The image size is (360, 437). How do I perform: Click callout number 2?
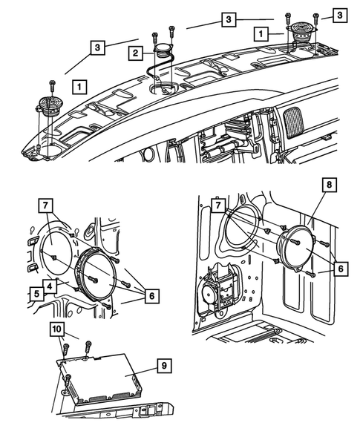pyautogui.click(x=134, y=53)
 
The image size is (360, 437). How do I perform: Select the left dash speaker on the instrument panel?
pyautogui.click(x=49, y=105)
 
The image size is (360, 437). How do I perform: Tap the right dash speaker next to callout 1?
pyautogui.click(x=301, y=33)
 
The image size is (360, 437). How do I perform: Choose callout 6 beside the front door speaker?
pyautogui.click(x=151, y=295)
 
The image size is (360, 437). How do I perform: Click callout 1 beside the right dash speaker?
pyautogui.click(x=259, y=33)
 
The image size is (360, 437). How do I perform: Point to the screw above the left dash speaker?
pyautogui.click(x=53, y=83)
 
